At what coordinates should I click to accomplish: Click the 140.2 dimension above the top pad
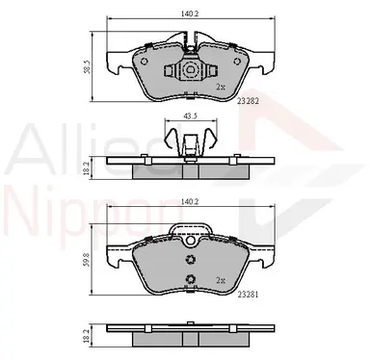[x=191, y=13]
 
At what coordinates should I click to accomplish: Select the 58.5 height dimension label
[x=87, y=66]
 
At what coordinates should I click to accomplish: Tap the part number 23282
[x=248, y=101]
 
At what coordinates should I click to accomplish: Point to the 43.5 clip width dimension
[x=190, y=116]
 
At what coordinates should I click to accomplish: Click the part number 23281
[x=248, y=294]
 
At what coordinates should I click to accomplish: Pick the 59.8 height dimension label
[x=87, y=261]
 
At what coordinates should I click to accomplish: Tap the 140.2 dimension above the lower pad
[x=191, y=201]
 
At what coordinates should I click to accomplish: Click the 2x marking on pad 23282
[x=220, y=87]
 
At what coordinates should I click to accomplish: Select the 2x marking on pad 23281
[x=220, y=280]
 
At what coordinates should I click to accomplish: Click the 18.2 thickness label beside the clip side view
[x=86, y=167]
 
